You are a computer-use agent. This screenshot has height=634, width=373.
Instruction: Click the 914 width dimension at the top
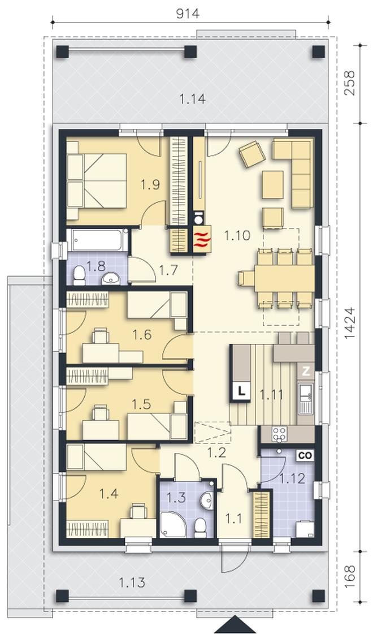point(188,14)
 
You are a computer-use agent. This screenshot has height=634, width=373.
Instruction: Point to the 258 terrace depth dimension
point(350,83)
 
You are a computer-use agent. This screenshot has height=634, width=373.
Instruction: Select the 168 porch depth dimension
point(350,576)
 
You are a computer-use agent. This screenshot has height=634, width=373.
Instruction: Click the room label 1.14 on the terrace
point(193,98)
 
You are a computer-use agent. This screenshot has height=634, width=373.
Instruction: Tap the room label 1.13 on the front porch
point(132,583)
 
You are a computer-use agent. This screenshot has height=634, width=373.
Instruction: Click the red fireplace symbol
point(202,240)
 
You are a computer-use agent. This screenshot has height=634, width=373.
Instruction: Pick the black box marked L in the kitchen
point(241,391)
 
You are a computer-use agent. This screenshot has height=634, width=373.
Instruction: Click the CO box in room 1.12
point(306,456)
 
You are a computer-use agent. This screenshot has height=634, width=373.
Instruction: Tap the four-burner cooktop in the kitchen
point(279,434)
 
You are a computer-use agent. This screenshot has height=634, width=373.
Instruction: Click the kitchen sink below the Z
point(306,399)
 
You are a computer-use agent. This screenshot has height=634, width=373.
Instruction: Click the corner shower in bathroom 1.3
point(174,525)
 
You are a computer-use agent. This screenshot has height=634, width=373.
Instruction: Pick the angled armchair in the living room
point(252,153)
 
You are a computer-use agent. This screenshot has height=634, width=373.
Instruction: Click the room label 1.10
point(237,235)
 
